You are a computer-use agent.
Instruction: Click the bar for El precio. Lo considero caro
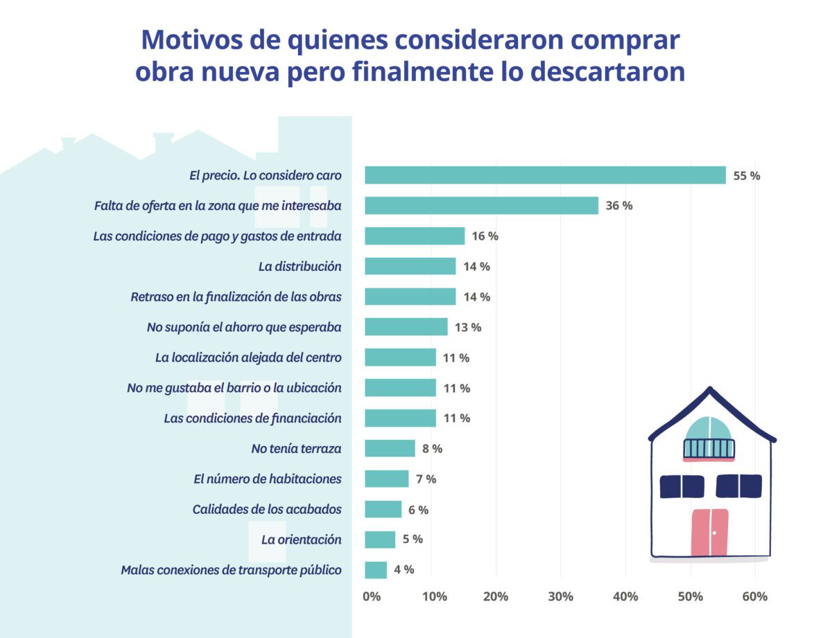pos(545,175)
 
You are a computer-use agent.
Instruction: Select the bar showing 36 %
pos(481,206)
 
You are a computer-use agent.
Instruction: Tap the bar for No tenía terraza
pos(390,448)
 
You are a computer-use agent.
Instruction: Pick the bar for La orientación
pos(380,539)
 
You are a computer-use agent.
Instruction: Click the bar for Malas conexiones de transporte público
pos(376,569)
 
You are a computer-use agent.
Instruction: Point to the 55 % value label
pos(746,176)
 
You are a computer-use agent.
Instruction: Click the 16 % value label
pos(485,236)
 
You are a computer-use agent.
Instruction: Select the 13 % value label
pos(467,327)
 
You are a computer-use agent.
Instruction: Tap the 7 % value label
pos(426,479)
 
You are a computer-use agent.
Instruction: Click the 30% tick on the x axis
pos(560,596)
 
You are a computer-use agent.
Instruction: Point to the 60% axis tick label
pos(754,596)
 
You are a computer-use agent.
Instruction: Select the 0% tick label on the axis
pos(372,596)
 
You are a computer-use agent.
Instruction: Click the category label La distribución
pos(300,267)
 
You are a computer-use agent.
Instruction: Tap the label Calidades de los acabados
pos(267,509)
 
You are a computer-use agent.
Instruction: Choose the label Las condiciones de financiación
pos(252,418)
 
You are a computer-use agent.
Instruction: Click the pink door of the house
pos(709,532)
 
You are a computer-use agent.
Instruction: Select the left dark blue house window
pos(682,486)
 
